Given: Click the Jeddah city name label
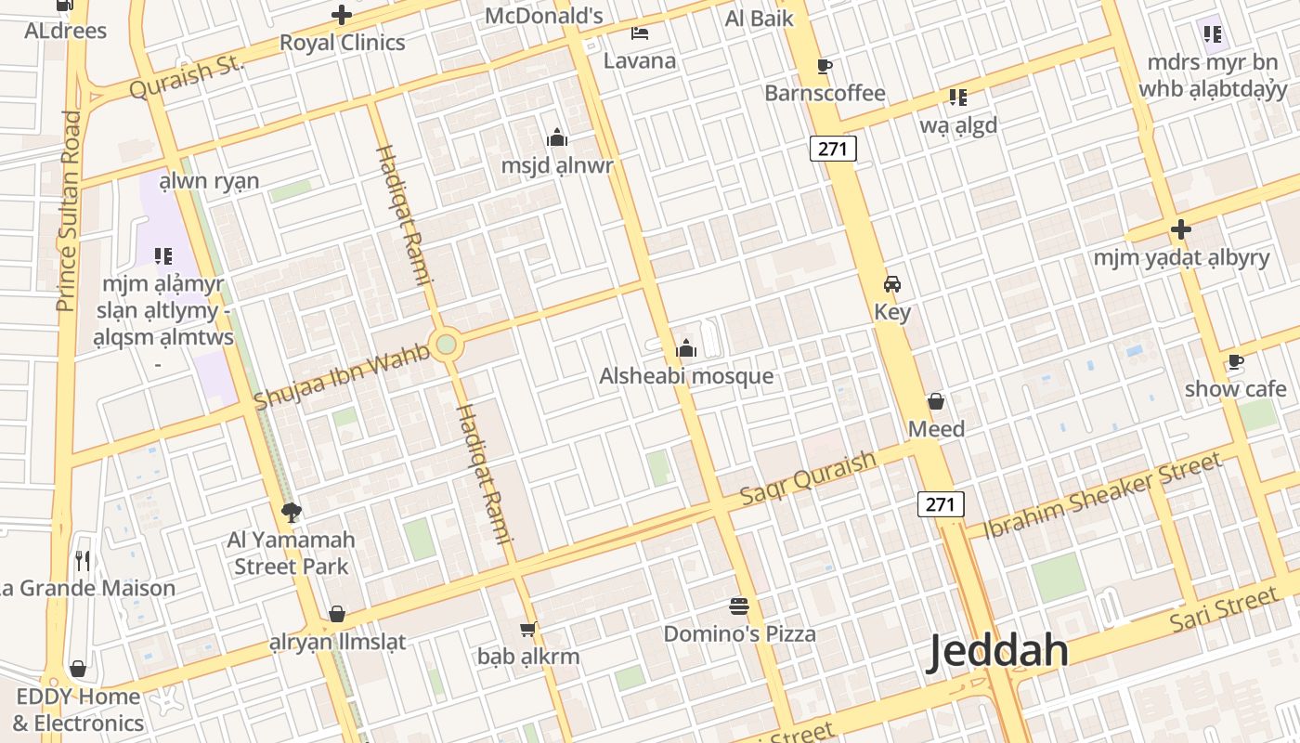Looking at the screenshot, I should click(998, 651).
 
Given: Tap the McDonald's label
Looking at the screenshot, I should click(544, 16).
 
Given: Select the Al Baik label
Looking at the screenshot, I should click(759, 18).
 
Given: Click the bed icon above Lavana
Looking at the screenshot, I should click(640, 33).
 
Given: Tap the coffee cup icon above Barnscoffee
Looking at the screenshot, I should click(824, 66).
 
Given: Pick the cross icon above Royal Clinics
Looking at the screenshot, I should click(342, 15).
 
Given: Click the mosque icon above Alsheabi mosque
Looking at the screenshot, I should click(686, 348).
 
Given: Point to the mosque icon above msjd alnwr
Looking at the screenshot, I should click(557, 138).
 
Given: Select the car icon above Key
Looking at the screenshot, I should click(892, 284).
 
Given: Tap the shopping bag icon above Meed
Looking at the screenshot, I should click(936, 401).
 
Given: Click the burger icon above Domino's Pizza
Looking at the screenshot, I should click(739, 606).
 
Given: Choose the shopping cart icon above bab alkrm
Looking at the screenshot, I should click(527, 630).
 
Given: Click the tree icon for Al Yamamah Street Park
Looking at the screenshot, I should click(291, 512).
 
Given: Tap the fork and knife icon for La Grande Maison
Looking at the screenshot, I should click(83, 560).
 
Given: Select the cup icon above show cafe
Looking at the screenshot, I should click(1235, 361).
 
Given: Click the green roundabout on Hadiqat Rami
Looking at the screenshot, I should click(447, 345).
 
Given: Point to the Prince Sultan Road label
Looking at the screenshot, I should click(68, 211).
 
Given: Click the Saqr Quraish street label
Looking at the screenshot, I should click(808, 478).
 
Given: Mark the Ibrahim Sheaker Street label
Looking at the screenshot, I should click(1102, 495).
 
